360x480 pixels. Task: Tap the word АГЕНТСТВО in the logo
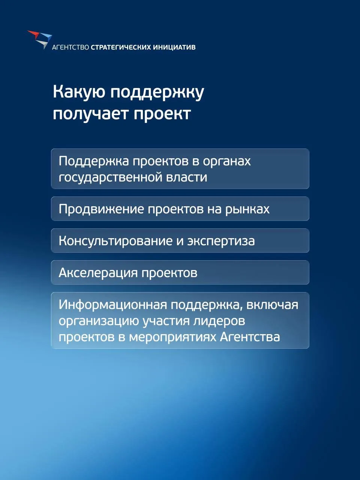coord(70,47)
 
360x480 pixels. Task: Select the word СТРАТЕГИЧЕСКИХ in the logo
coord(121,47)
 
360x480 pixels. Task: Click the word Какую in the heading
coord(80,92)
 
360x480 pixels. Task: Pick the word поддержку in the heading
coord(157,92)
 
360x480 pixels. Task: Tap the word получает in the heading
coord(91,114)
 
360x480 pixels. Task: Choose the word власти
coord(187,177)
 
